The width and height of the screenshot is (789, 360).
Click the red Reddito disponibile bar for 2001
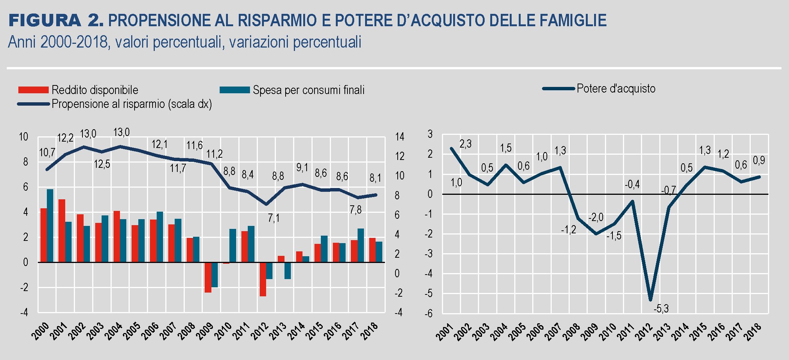pyautogui.click(x=62, y=230)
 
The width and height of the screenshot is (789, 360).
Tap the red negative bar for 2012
pyautogui.click(x=263, y=279)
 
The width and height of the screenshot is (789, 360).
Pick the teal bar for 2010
pyautogui.click(x=233, y=245)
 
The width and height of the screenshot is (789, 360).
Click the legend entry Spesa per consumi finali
pyautogui.click(x=308, y=90)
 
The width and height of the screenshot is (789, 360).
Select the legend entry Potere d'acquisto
pyautogui.click(x=616, y=89)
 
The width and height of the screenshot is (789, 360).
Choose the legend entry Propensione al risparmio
pyautogui.click(x=132, y=104)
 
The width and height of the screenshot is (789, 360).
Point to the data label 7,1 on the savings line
pyautogui.click(x=274, y=218)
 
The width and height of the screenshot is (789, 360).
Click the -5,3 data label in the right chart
pyautogui.click(x=661, y=309)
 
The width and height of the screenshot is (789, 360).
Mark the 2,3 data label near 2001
pyautogui.click(x=466, y=144)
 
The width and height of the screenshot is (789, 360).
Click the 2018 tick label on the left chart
pyautogui.click(x=370, y=331)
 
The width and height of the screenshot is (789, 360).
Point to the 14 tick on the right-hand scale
pyautogui.click(x=400, y=137)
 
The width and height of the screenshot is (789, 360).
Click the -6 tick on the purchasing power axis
pyautogui.click(x=428, y=314)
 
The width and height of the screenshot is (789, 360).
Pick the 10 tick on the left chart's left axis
pyautogui.click(x=23, y=137)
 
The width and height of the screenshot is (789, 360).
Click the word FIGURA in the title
pyautogui.click(x=45, y=21)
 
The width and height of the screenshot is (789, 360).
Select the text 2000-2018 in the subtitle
pyautogui.click(x=74, y=42)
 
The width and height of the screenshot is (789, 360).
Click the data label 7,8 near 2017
pyautogui.click(x=355, y=210)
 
